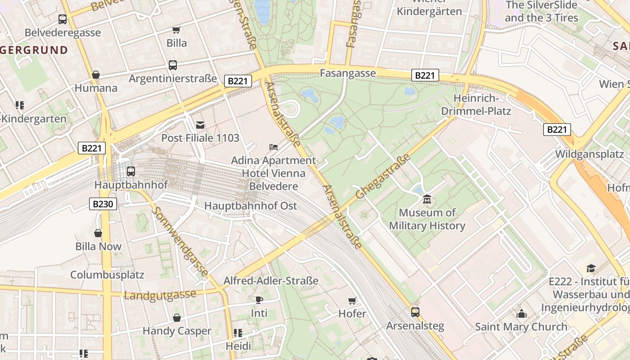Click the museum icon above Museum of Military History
(427, 198)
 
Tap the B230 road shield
(103, 204)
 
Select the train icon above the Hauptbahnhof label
(130, 171)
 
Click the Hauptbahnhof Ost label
(251, 206)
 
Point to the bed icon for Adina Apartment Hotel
(273, 147)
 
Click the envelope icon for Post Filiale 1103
(200, 125)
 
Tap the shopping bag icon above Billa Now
(98, 233)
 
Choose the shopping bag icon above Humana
(95, 75)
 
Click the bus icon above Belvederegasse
(63, 19)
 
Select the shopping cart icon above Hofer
(352, 300)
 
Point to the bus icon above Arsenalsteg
(415, 312)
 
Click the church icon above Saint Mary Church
(521, 313)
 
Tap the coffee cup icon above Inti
(259, 300)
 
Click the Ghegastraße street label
(383, 177)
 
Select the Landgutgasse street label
(160, 295)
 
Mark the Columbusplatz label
(107, 274)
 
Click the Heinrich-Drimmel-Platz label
(476, 104)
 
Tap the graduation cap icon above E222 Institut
(591, 268)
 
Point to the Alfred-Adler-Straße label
(271, 281)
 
